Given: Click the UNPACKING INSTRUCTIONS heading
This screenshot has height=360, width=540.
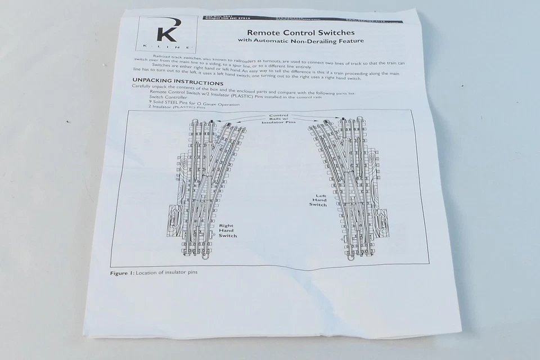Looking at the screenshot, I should pyautogui.click(x=170, y=82).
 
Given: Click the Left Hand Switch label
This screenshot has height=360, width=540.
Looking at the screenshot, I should pyautogui.click(x=318, y=200).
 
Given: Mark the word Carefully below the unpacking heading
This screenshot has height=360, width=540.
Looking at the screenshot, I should pyautogui.click(x=144, y=87).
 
